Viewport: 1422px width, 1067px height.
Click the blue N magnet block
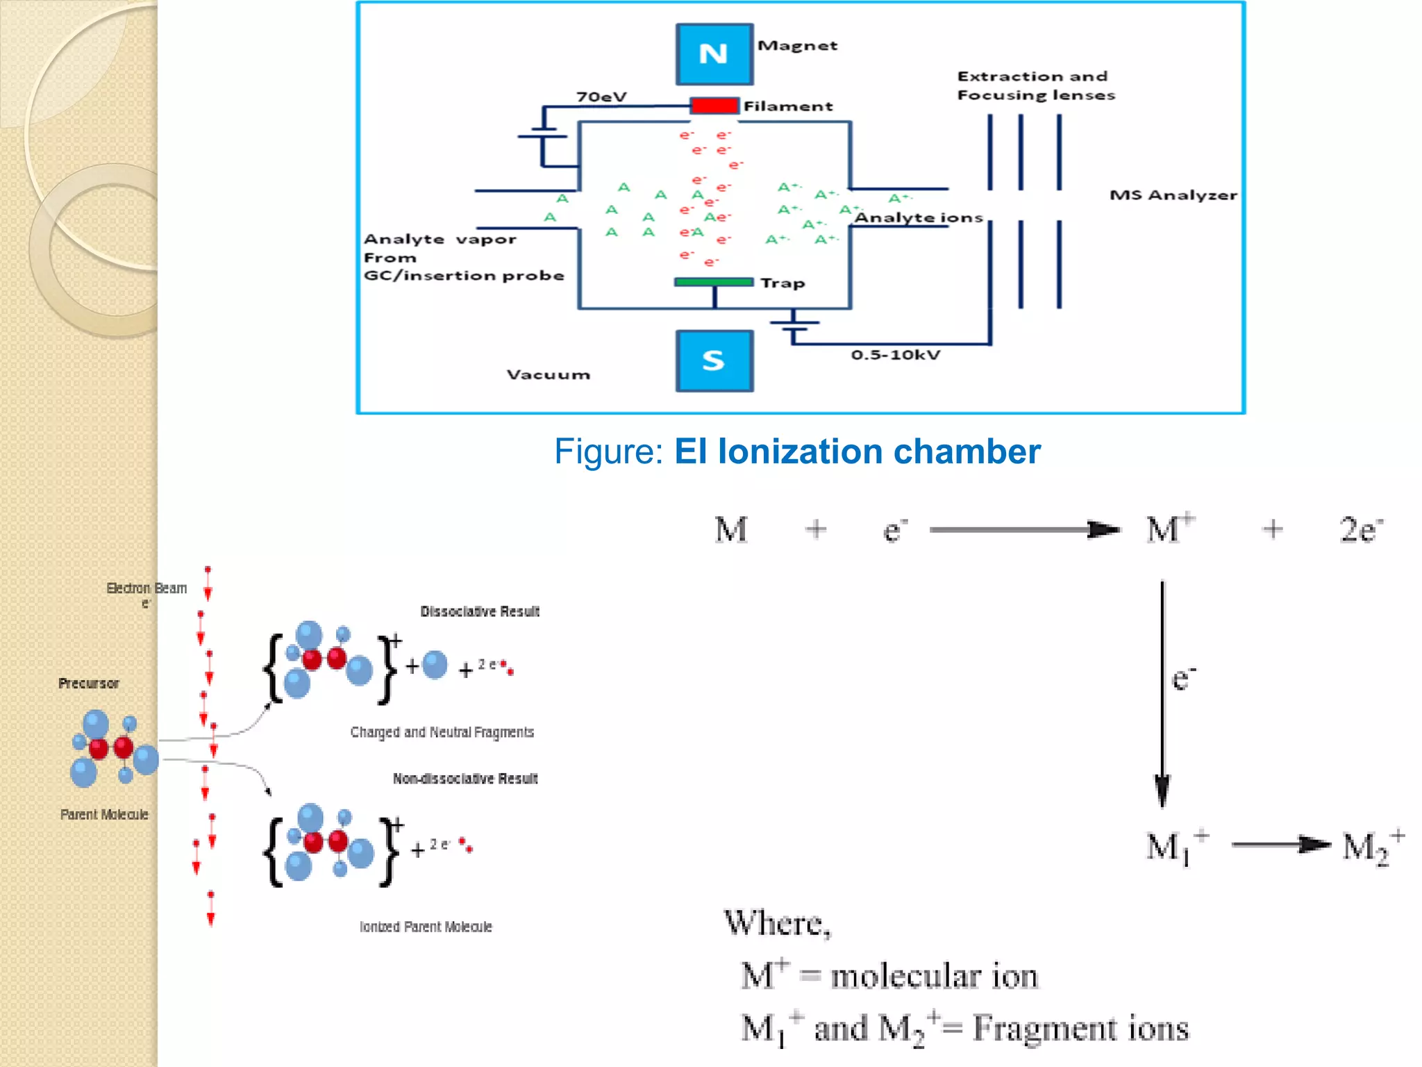point(714,54)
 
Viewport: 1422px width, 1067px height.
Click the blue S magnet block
point(714,361)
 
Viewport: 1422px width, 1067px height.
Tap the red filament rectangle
point(714,106)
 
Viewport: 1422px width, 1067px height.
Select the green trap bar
point(714,282)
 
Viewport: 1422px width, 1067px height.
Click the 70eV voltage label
point(601,97)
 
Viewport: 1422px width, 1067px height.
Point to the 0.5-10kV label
point(895,355)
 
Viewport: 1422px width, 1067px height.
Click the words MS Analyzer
point(1173,195)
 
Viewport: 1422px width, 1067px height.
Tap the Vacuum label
point(548,375)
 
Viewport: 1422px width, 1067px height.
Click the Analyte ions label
point(918,218)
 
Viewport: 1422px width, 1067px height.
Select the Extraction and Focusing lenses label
point(1035,85)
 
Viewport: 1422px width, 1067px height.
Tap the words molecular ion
point(933,976)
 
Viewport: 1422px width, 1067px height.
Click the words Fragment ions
point(1080,1028)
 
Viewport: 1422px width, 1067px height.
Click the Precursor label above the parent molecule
point(88,684)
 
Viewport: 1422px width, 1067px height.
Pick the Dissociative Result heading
point(480,611)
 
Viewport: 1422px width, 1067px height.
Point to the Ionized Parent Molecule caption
point(426,927)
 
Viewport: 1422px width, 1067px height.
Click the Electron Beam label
point(147,588)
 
